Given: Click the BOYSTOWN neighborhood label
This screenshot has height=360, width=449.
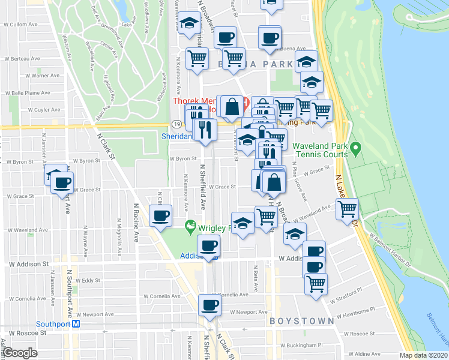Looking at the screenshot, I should coord(301,321).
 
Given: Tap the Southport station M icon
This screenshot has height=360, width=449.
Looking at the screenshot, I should coord(76,324).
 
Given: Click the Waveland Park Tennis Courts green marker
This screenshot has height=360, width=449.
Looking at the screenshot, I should coord(355,146).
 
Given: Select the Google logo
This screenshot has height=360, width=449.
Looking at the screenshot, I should coord(20,353).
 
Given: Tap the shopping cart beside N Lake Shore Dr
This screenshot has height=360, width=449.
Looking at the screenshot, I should coord(348,209).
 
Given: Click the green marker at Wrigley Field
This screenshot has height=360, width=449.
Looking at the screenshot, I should coord(191,227).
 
